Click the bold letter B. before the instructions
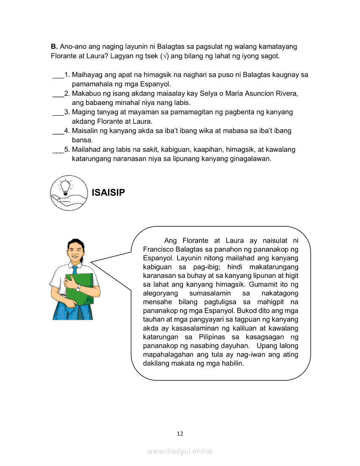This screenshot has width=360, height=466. pyautogui.click(x=54, y=46)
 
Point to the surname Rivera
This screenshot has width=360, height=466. pyautogui.click(x=288, y=94)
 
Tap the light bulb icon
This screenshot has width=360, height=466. pyautogui.click(x=66, y=187)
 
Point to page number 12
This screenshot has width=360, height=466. pyautogui.click(x=180, y=433)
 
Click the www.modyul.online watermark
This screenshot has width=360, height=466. pyautogui.click(x=180, y=452)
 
